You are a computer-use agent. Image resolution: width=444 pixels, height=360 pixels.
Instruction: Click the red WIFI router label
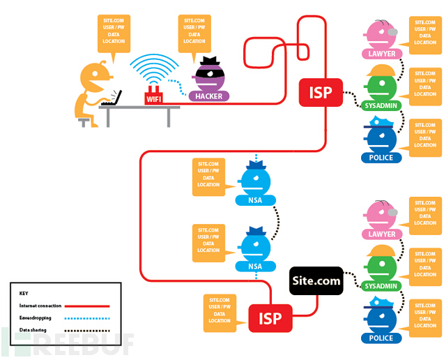153,100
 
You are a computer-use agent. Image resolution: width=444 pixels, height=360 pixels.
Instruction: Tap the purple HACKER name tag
210,96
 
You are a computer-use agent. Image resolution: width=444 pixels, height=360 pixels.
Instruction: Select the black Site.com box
316,281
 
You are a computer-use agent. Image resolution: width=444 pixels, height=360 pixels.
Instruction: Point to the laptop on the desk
112,98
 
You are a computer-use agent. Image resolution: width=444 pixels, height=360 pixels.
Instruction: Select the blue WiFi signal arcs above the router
154,67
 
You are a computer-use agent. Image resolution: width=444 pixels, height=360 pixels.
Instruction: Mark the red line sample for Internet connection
90,306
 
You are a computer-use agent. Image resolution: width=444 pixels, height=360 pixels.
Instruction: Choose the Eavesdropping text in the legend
36,317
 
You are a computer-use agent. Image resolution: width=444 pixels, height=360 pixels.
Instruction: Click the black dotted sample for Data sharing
90,329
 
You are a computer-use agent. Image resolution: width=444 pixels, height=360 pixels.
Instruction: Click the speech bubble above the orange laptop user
112,32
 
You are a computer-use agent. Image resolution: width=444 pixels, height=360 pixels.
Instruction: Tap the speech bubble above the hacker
194,32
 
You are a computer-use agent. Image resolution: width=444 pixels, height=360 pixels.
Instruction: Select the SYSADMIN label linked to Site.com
380,286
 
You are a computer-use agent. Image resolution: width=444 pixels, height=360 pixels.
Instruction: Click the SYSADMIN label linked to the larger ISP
380,105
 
